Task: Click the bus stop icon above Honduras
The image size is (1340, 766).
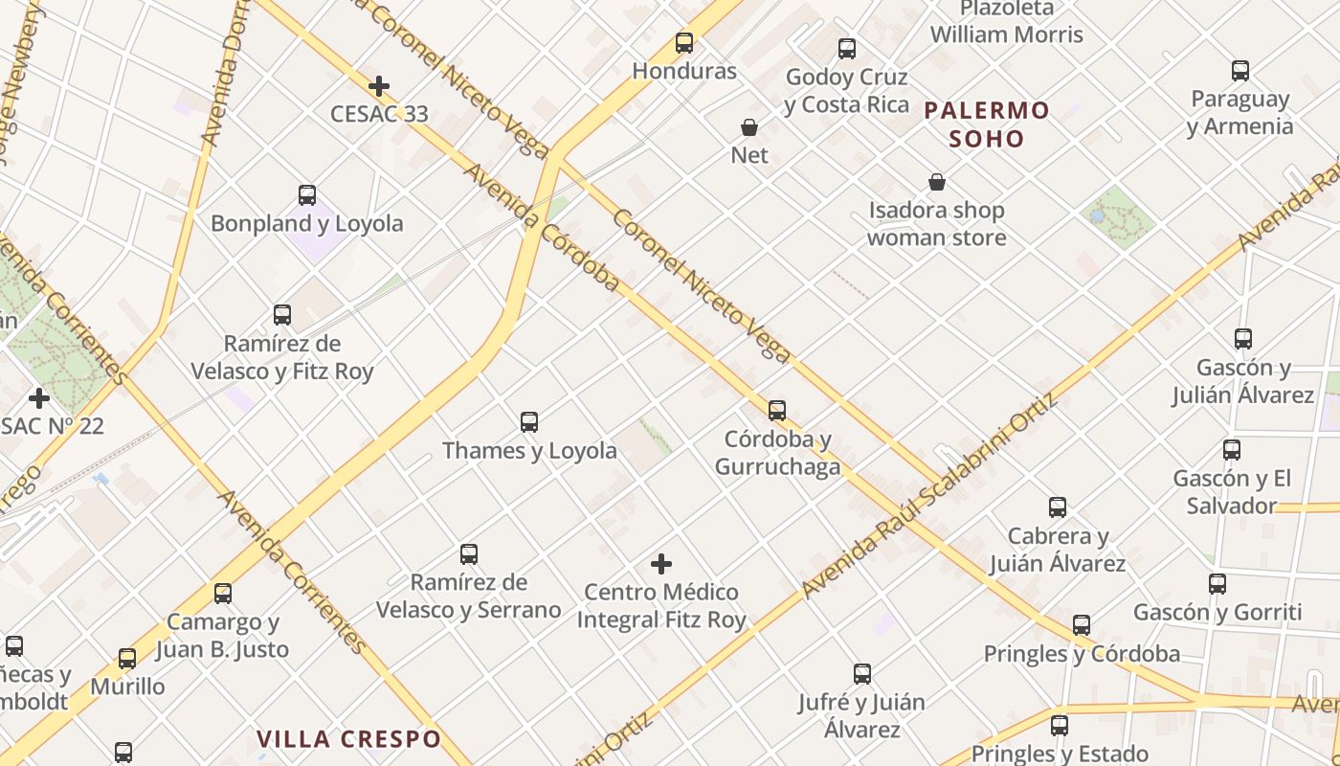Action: pyautogui.click(x=684, y=43)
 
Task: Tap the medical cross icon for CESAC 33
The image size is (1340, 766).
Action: pyautogui.click(x=379, y=86)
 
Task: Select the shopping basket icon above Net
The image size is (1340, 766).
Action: pyautogui.click(x=749, y=127)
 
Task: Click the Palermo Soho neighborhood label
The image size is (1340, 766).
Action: pyautogui.click(x=987, y=124)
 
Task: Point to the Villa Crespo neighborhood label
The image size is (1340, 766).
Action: pyautogui.click(x=348, y=739)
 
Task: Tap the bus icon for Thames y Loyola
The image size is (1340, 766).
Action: pyautogui.click(x=529, y=421)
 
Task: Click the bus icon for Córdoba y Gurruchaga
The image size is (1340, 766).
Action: pyautogui.click(x=777, y=411)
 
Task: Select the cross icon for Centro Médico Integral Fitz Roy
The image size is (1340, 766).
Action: pyautogui.click(x=661, y=564)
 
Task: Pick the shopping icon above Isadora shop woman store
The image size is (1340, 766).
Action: pyautogui.click(x=937, y=182)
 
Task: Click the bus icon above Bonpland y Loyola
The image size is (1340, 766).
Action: pyautogui.click(x=307, y=195)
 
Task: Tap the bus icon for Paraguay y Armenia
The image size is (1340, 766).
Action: pyautogui.click(x=1240, y=71)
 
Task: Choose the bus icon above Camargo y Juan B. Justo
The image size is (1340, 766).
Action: pyautogui.click(x=223, y=594)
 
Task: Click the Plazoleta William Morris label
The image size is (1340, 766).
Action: pyautogui.click(x=1006, y=22)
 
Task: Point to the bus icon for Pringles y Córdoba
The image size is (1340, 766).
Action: pyautogui.click(x=1082, y=625)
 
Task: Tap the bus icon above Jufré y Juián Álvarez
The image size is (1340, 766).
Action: pyautogui.click(x=862, y=674)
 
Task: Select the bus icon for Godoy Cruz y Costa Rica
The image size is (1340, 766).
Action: pyautogui.click(x=847, y=49)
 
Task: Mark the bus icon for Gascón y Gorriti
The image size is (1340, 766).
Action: pyautogui.click(x=1217, y=584)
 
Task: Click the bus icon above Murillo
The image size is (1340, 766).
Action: pyautogui.click(x=127, y=659)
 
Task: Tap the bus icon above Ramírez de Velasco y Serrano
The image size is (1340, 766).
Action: pyautogui.click(x=469, y=554)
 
